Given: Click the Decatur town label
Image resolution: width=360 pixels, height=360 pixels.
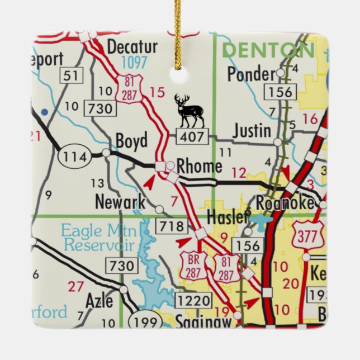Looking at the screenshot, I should (x=132, y=46).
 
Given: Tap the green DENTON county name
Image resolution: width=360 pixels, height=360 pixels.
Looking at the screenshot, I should (x=268, y=50).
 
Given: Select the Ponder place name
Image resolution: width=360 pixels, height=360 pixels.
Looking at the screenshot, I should (x=252, y=73).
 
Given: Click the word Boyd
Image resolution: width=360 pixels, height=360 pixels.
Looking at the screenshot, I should (x=131, y=141).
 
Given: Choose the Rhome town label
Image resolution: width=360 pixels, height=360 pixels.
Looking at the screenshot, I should (x=199, y=167).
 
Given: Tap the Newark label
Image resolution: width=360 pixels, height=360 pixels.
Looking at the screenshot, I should (x=120, y=202).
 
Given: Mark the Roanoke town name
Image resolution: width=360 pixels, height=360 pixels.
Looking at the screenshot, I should (x=285, y=202).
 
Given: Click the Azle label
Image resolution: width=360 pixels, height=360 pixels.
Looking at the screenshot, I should (x=99, y=301).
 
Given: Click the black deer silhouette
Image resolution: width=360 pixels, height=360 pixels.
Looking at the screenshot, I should (x=190, y=111).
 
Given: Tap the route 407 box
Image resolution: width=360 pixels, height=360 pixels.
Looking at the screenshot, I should (x=192, y=135).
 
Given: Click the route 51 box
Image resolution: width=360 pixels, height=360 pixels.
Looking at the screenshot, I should (x=72, y=75).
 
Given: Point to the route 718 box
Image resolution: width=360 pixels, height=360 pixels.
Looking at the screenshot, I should (x=172, y=226).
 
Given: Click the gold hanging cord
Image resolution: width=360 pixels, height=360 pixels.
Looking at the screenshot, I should (x=178, y=34).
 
